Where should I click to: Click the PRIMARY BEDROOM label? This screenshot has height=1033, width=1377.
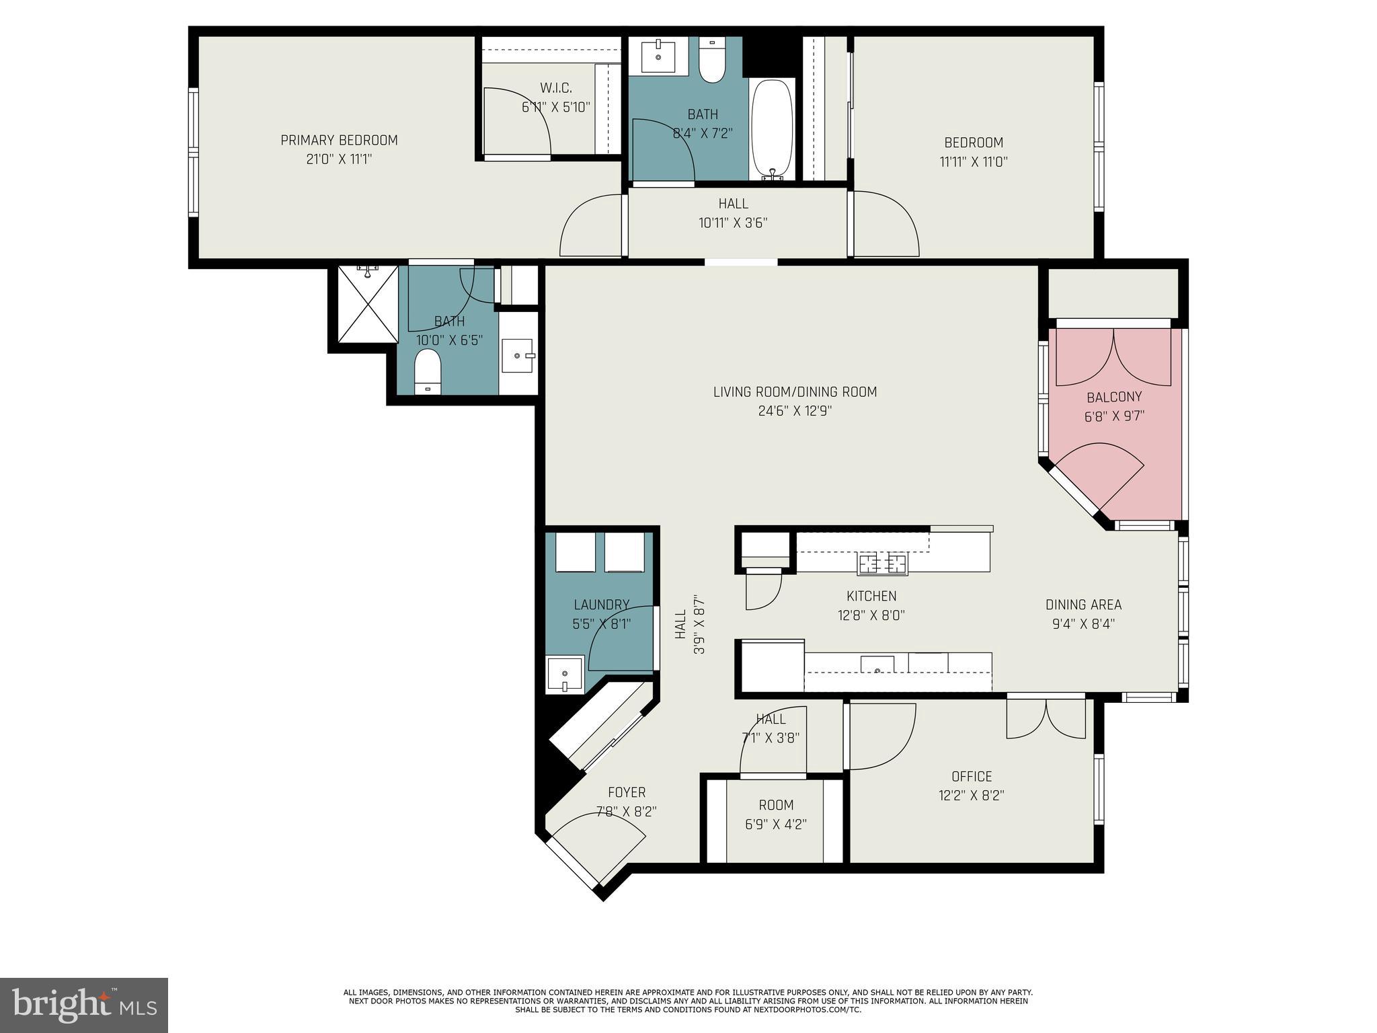(x=339, y=141)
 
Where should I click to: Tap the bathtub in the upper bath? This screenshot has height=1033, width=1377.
(x=773, y=128)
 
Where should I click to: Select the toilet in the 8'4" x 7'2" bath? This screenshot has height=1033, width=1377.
(x=712, y=61)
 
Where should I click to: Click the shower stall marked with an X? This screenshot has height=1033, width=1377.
(x=368, y=304)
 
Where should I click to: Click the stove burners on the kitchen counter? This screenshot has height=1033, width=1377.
(x=882, y=563)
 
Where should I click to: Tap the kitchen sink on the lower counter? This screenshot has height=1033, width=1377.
(x=877, y=665)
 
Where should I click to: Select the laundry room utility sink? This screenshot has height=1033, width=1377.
(x=564, y=674)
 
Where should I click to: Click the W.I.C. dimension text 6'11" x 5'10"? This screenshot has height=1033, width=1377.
(x=555, y=107)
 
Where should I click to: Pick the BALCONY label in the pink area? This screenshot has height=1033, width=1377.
(x=1113, y=397)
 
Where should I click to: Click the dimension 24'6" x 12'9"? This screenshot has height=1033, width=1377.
(x=795, y=411)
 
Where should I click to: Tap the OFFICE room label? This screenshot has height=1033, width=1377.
(x=971, y=777)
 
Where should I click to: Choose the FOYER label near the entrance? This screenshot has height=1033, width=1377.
(x=627, y=793)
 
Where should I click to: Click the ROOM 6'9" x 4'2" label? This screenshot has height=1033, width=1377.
(x=776, y=806)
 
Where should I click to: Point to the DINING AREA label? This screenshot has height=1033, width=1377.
(x=1083, y=605)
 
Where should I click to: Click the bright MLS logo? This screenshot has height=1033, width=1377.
(x=83, y=1005)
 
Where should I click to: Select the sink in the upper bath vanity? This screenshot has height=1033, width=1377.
(x=658, y=56)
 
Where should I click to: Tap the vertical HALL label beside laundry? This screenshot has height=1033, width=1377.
(x=680, y=624)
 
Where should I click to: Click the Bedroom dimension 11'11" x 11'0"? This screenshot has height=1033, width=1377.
(x=973, y=162)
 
